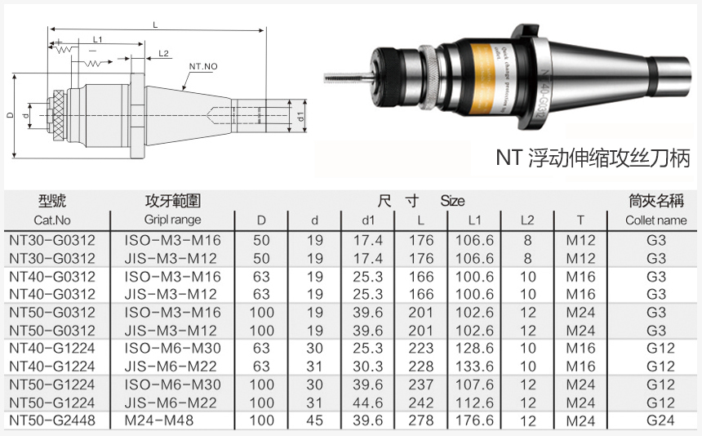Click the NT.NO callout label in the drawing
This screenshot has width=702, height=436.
click(x=203, y=66)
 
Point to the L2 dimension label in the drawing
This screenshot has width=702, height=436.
click(x=164, y=54)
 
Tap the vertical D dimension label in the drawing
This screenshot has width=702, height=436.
click(x=10, y=115)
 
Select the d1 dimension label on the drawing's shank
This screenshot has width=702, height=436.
click(x=301, y=117)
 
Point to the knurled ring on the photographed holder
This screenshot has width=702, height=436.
click(x=429, y=77)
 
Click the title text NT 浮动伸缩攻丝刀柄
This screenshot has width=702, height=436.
click(x=593, y=158)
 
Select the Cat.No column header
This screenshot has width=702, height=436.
click(x=52, y=220)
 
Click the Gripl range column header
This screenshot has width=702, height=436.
click(x=172, y=220)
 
